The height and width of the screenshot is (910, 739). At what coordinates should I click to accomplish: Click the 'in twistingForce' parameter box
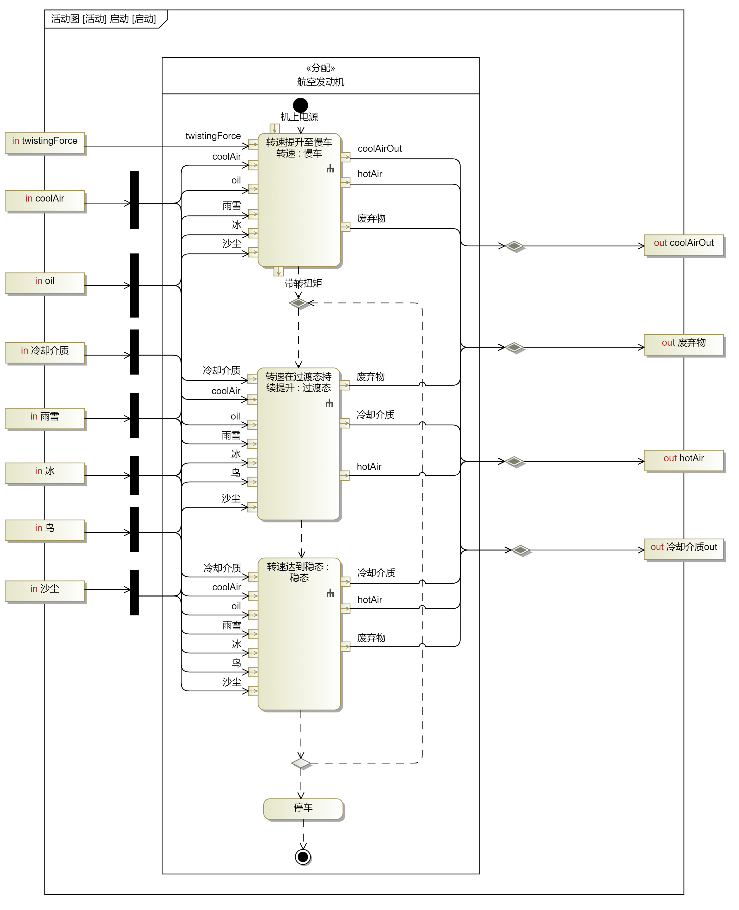[x=45, y=143]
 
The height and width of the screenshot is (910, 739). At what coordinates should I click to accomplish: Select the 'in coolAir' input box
[x=45, y=200]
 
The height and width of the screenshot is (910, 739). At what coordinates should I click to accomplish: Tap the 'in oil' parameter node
[x=45, y=283]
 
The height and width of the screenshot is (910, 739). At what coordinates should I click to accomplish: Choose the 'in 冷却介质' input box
[x=45, y=353]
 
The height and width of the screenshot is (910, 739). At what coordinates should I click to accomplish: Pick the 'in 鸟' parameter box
[x=45, y=530]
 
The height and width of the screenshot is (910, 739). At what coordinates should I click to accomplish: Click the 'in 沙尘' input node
[x=45, y=591]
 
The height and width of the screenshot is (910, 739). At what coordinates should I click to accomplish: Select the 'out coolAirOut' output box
[x=684, y=245]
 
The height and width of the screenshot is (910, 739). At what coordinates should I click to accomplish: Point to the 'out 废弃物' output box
[x=684, y=344]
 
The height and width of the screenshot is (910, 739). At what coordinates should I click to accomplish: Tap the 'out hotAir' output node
[x=684, y=460]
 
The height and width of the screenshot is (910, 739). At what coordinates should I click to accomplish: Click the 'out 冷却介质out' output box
[x=684, y=549]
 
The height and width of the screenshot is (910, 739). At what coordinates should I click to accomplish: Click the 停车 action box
[x=303, y=809]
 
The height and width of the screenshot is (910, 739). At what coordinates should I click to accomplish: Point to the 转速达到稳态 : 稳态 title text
[x=298, y=572]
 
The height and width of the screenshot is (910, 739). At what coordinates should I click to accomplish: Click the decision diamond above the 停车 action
[x=301, y=763]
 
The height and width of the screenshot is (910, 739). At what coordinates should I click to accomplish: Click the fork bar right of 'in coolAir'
[x=134, y=200]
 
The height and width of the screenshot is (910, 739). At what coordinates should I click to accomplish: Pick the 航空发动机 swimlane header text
[x=321, y=82]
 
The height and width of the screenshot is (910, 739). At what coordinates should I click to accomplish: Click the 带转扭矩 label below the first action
[x=303, y=283]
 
